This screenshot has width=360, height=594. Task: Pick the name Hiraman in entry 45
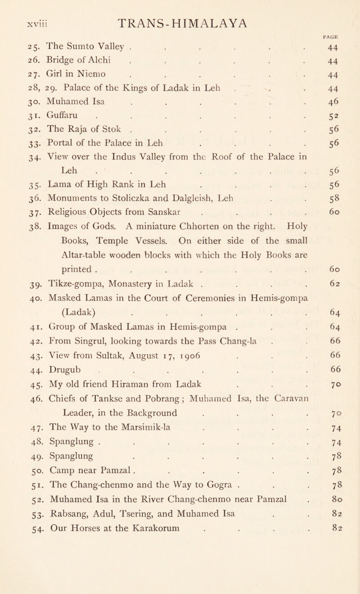(111, 387)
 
